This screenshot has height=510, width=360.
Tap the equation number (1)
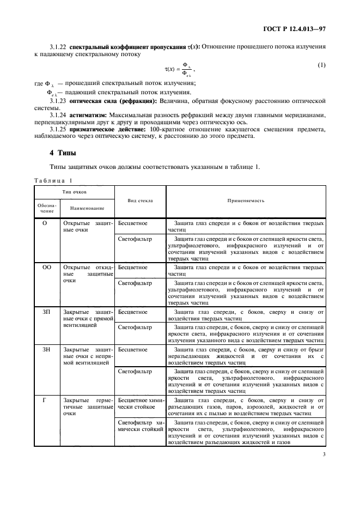click(321, 65)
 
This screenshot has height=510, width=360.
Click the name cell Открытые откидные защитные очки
click(87, 275)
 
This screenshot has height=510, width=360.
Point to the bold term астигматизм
click(88, 116)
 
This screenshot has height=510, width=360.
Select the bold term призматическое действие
click(107, 130)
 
